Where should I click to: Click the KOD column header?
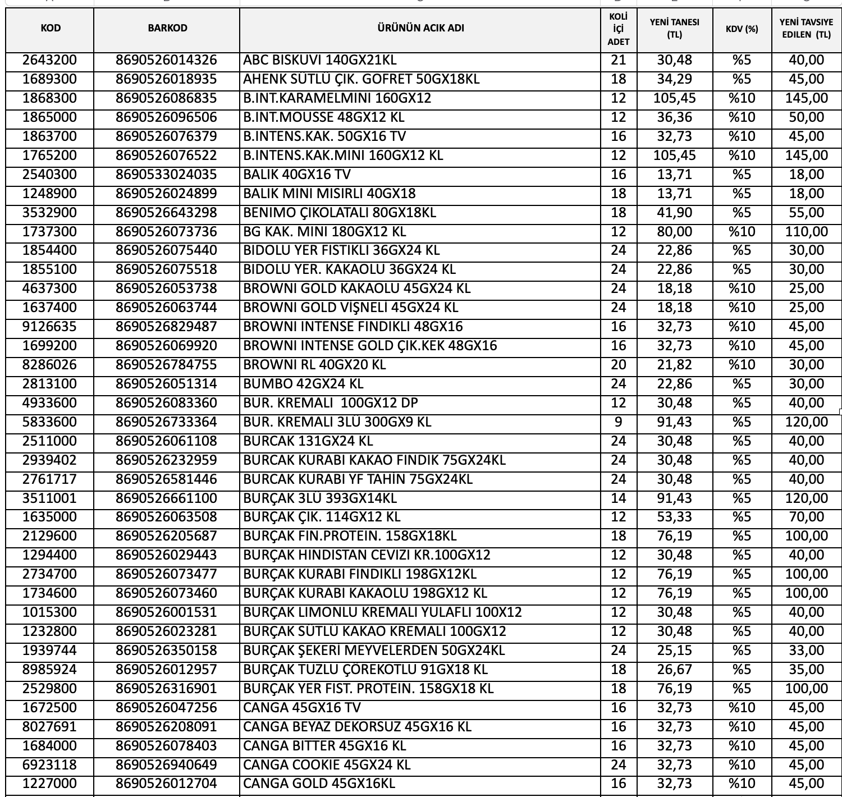coord(51,28)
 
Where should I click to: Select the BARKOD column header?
coord(167,28)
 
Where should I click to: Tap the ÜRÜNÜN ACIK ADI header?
coord(420,28)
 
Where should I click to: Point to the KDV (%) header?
coord(742,29)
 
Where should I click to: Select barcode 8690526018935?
coord(166,79)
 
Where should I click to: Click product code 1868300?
coord(49,98)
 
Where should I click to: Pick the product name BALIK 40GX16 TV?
coord(297,175)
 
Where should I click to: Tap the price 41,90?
coord(674,213)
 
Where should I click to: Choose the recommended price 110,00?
coord(806,232)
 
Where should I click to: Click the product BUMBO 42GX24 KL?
coord(303,384)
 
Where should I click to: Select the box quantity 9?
coord(618,422)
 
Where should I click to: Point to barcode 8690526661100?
coord(166,498)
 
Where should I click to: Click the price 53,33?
coord(674,517)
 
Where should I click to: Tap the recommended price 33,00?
coord(806,651)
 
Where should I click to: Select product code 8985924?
coord(49,670)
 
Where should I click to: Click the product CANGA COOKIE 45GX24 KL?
coord(327,765)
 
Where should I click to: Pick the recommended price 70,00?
coord(806,517)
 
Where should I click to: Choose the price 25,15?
coord(674,651)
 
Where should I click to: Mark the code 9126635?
coord(49,327)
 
